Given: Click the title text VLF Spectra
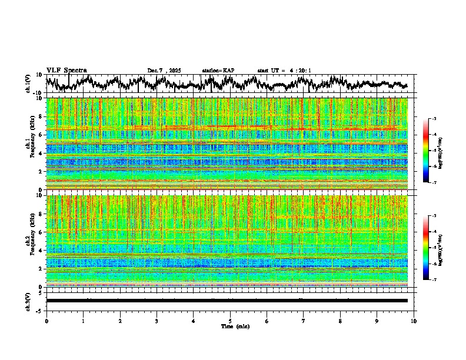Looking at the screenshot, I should click(66, 70).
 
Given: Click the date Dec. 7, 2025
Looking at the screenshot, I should click(164, 71).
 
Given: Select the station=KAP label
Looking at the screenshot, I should click(218, 71).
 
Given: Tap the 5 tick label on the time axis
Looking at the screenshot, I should click(230, 321).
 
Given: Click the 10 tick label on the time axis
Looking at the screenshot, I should click(414, 321).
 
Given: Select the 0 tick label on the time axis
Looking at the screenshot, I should click(46, 321).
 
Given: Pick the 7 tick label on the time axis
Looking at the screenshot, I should click(304, 321).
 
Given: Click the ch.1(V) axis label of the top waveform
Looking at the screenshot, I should click(28, 84).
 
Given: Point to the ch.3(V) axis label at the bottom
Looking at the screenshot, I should click(28, 300).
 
